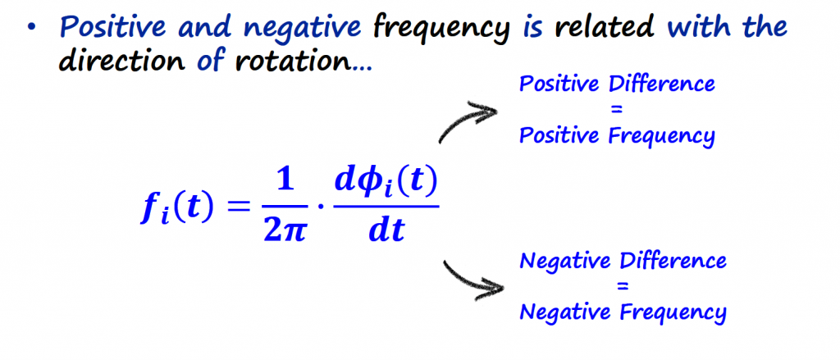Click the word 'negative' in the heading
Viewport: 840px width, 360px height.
coord(313,29)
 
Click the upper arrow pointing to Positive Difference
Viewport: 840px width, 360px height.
coord(468,121)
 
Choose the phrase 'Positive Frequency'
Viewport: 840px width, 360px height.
coord(617,135)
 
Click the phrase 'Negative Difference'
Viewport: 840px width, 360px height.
coord(623,262)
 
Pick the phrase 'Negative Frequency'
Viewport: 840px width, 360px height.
coord(623,312)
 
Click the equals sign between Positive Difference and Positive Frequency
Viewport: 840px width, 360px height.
coord(617,110)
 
